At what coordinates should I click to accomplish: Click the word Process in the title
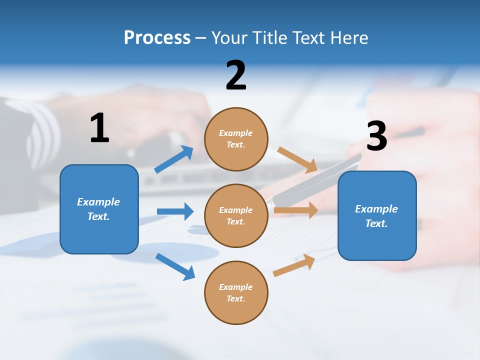click(157, 38)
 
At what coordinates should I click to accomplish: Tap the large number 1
click(99, 128)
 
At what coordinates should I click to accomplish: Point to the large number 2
click(236, 75)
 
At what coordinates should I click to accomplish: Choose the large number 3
click(376, 136)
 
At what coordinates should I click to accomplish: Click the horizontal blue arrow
click(175, 211)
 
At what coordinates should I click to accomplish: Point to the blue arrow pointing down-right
click(175, 266)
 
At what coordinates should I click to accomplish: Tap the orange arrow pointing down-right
click(297, 159)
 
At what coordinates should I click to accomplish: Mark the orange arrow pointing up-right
click(294, 265)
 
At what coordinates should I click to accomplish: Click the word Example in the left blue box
click(98, 202)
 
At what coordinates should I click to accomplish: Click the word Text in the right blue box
click(376, 223)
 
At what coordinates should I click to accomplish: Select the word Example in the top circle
click(235, 133)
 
